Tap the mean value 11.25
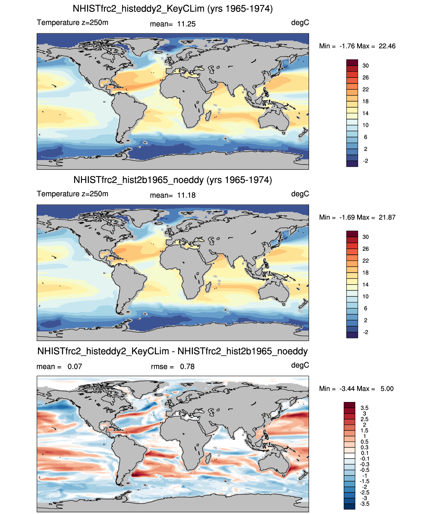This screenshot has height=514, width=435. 186,24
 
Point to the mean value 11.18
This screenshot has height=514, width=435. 186,196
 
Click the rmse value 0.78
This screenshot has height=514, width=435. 187,366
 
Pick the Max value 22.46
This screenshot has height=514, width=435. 387,46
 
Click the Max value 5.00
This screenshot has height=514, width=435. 387,389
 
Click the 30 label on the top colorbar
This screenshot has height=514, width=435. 365,66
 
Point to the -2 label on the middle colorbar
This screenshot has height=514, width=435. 365,332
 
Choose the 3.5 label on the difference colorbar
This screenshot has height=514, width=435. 364,408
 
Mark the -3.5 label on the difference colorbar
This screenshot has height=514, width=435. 364,504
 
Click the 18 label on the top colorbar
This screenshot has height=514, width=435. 365,102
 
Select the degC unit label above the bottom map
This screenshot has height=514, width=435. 300,365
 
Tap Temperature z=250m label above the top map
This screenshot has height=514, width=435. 72,23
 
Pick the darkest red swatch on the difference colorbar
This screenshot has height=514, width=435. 349,405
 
